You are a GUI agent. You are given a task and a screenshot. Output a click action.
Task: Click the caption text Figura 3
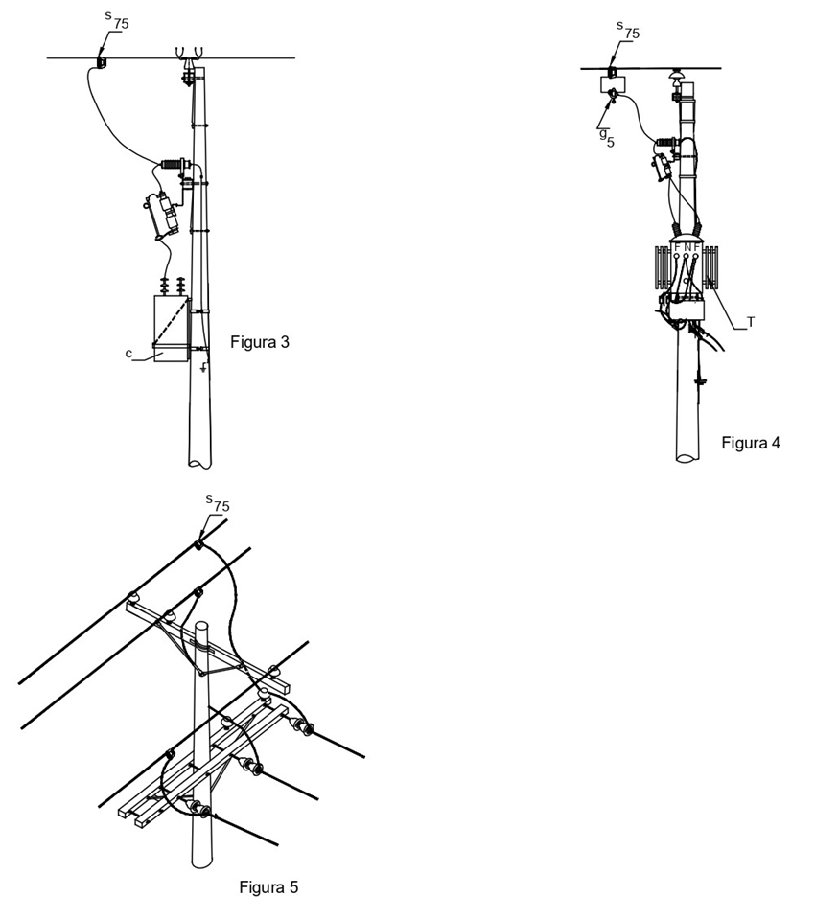(259, 342)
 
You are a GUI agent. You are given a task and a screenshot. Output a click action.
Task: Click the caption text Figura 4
(751, 443)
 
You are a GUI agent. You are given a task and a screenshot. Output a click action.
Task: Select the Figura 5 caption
(268, 887)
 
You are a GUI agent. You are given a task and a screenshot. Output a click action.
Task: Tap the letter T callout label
(751, 322)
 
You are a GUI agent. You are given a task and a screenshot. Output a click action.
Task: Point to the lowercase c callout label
(128, 354)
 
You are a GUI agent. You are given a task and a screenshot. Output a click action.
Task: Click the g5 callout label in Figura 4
(606, 138)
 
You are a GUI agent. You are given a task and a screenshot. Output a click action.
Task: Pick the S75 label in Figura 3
(116, 21)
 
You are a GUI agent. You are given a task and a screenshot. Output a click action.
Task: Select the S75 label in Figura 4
(627, 31)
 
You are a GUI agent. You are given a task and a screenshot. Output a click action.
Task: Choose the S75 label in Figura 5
(218, 503)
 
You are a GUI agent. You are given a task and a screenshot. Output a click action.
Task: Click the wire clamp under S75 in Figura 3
(101, 62)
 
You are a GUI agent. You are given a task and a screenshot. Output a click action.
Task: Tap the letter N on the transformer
(687, 247)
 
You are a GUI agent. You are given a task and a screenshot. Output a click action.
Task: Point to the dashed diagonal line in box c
(171, 321)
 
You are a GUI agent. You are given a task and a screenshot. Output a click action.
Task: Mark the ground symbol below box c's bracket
(203, 368)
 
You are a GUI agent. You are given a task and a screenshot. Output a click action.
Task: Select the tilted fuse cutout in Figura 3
(162, 215)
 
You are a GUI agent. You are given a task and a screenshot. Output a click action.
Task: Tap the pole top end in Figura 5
(201, 627)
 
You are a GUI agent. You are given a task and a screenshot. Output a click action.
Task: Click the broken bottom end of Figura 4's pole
(687, 457)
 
